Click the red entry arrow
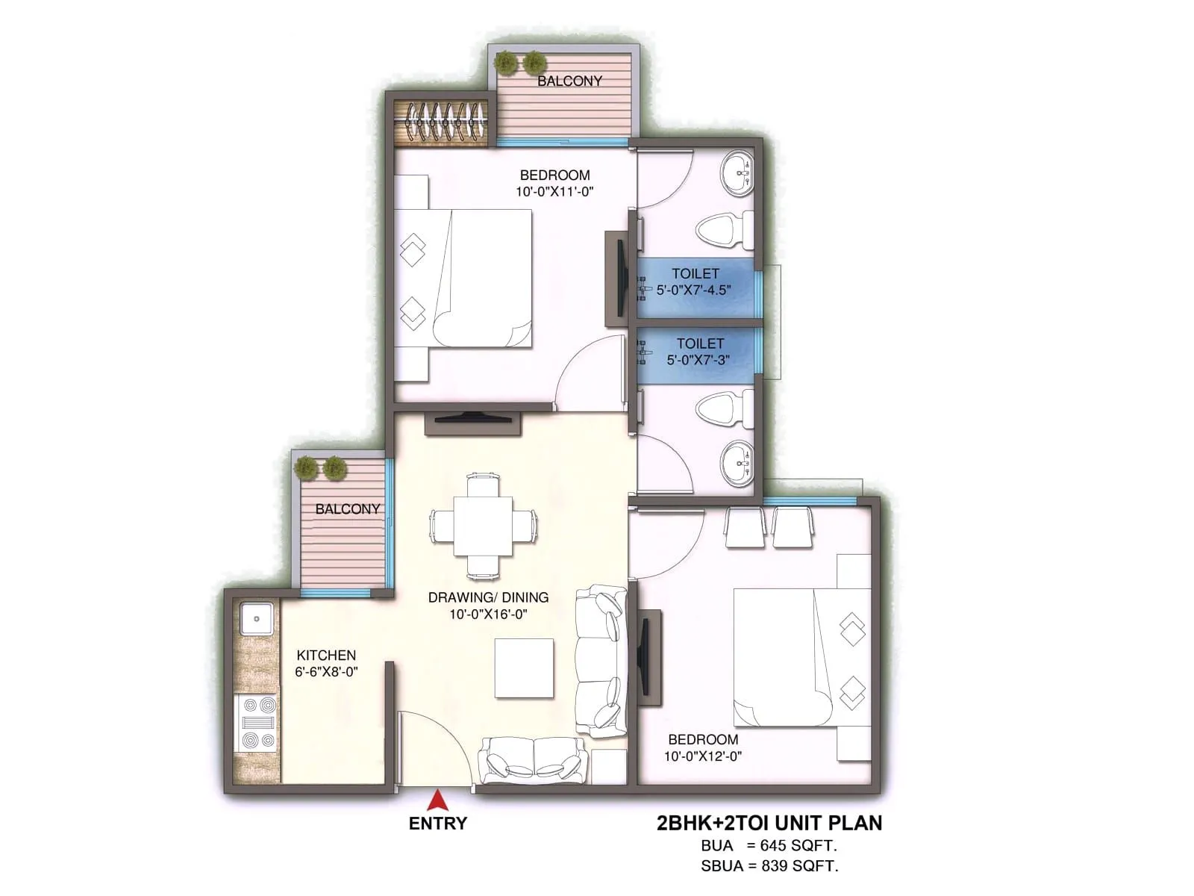[437, 801]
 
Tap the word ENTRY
[438, 824]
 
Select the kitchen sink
[257, 619]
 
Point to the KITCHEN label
[326, 656]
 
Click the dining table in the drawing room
[483, 525]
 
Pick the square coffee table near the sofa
[525, 668]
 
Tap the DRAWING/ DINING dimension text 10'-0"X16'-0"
[489, 615]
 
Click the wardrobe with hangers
[441, 121]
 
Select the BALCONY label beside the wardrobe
[569, 81]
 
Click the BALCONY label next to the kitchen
[347, 509]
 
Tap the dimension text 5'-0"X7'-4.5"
[693, 290]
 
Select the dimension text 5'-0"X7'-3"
[698, 360]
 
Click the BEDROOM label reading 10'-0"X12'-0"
[703, 747]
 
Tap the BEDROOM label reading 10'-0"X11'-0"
[554, 183]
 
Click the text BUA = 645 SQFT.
[769, 846]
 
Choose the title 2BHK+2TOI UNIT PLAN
[769, 823]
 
